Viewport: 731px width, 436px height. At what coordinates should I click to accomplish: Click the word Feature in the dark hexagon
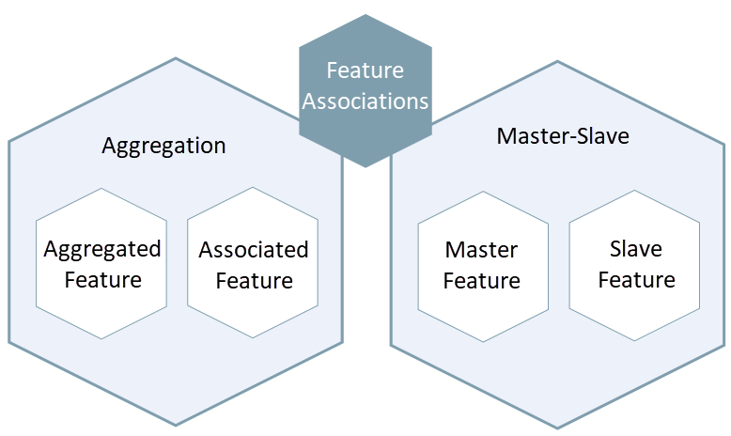[x=365, y=70]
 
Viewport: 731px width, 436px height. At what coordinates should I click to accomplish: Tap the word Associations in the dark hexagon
[x=365, y=101]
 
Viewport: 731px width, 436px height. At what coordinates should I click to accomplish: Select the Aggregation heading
[x=163, y=146]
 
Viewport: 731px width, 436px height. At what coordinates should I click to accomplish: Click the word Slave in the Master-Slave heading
[x=599, y=136]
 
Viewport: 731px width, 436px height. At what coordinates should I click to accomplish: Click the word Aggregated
[x=101, y=249]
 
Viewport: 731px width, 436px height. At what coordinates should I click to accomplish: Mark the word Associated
[x=254, y=250]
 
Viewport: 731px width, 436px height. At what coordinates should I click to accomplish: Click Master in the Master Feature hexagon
[x=482, y=250]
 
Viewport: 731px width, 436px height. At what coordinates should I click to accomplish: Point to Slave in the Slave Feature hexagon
[x=636, y=249]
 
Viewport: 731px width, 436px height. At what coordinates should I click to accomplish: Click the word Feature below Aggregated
[x=102, y=279]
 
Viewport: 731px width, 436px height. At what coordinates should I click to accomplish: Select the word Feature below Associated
[x=254, y=280]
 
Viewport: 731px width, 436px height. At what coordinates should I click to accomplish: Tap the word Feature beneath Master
[x=482, y=280]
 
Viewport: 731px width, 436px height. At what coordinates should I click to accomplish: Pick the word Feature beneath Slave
[x=636, y=279]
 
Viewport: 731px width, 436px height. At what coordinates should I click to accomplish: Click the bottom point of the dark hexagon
[x=365, y=167]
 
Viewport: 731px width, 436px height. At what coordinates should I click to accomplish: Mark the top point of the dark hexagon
[x=365, y=15]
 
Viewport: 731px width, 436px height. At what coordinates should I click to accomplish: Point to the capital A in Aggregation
[x=110, y=146]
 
